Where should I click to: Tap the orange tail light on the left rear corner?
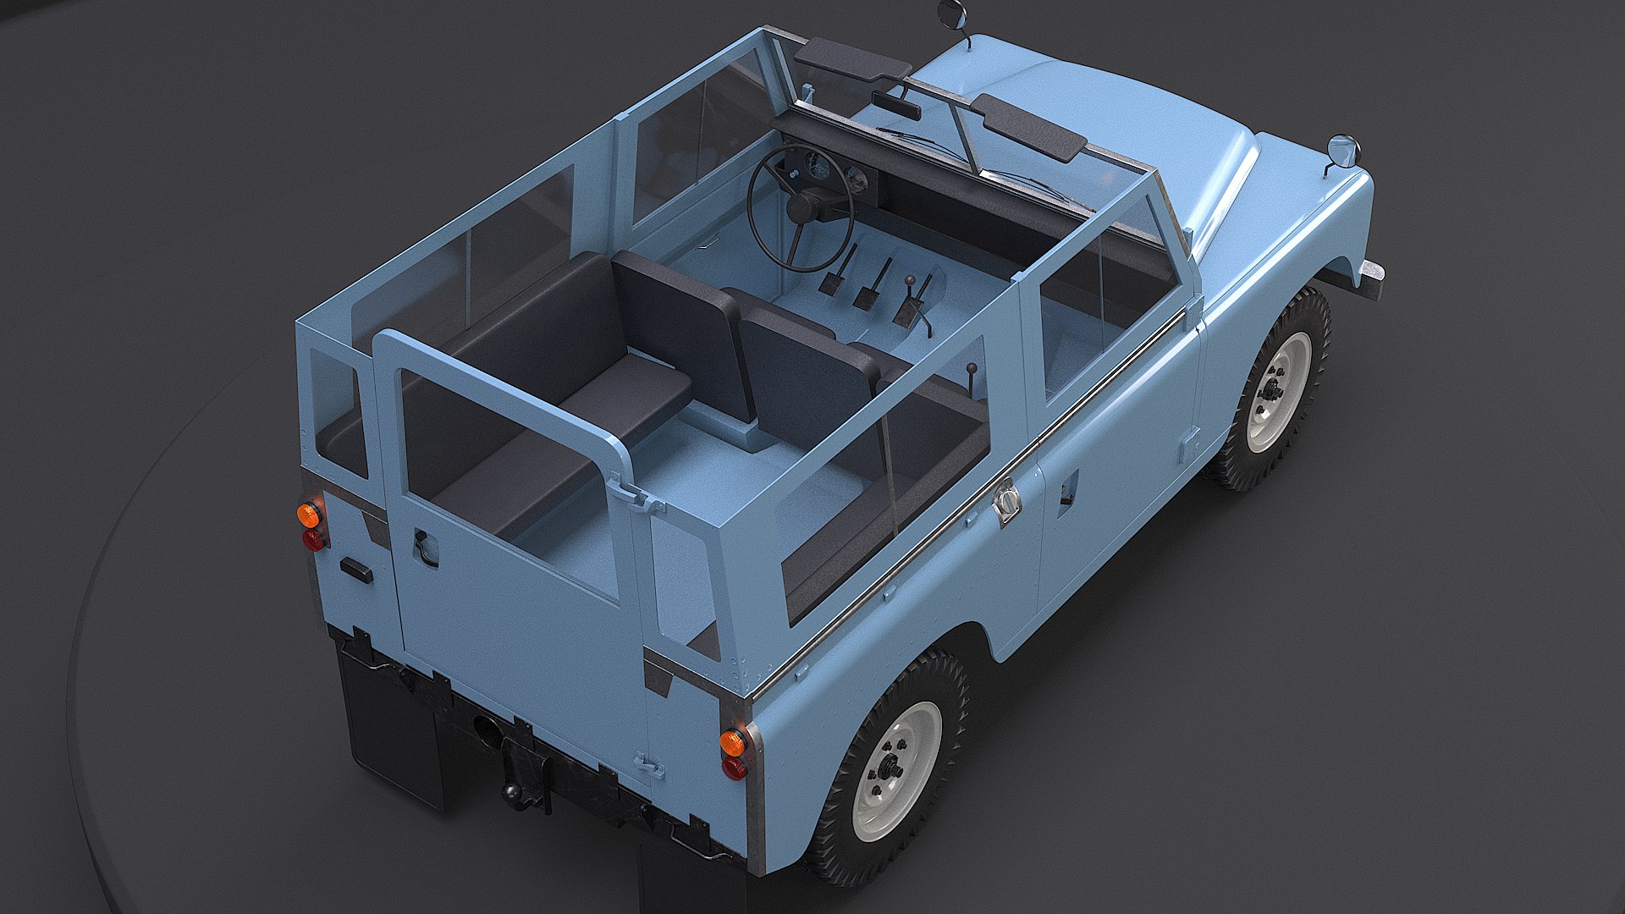[309, 515]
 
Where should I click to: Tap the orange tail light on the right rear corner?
[733, 742]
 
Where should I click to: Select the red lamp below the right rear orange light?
[735, 768]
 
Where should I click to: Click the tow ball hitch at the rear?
[513, 791]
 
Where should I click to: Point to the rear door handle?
[423, 546]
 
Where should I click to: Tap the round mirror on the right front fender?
[1343, 151]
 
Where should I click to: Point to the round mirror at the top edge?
[950, 13]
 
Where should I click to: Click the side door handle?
[1068, 490]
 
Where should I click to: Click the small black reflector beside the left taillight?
[356, 570]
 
